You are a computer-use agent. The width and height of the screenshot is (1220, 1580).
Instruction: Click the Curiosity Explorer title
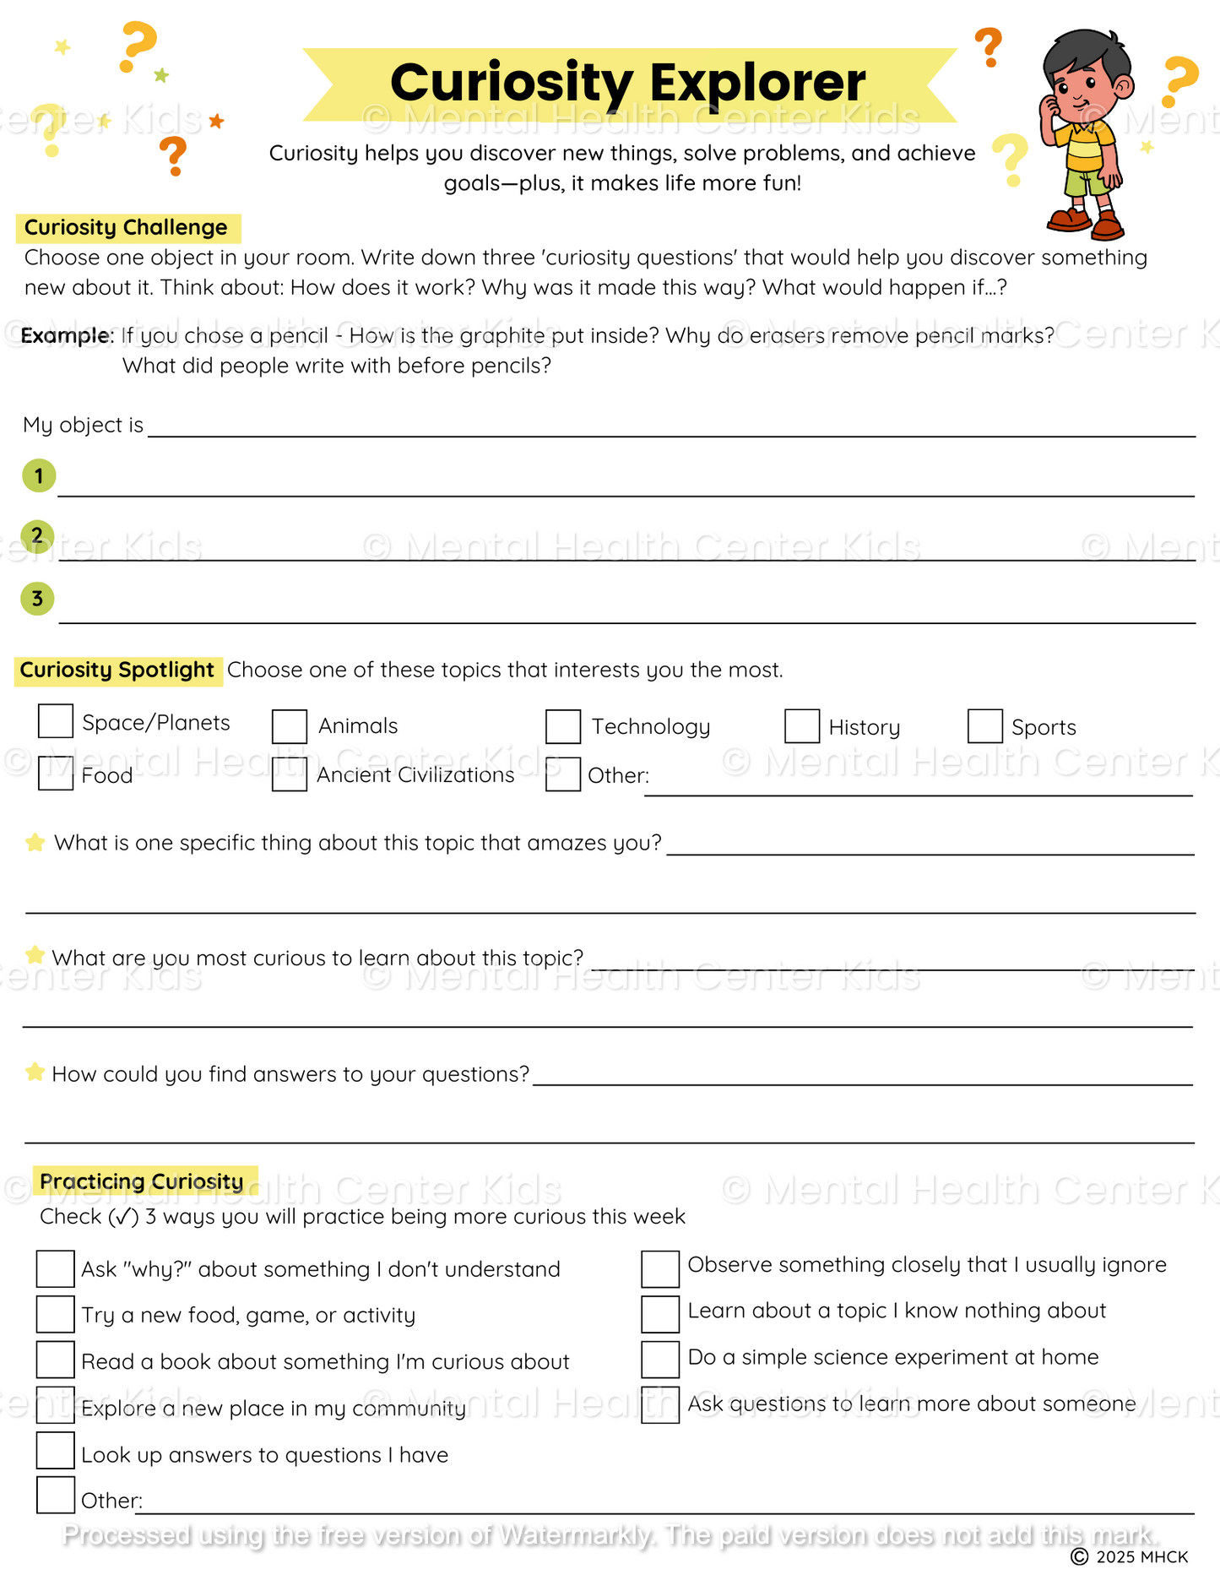(628, 83)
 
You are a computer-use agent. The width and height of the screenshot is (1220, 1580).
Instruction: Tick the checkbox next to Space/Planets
(56, 721)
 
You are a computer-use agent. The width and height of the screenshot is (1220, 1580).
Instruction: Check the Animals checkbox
(290, 726)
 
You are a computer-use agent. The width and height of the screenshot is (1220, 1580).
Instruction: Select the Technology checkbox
(563, 726)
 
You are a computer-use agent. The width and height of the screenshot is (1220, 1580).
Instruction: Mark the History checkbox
(802, 726)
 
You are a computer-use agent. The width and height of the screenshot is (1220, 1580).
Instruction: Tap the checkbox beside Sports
(984, 726)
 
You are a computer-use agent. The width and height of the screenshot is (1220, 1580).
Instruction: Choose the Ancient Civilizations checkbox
(290, 774)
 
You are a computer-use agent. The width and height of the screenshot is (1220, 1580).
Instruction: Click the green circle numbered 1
(39, 475)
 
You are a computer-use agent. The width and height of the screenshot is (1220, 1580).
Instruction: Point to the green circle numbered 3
(37, 599)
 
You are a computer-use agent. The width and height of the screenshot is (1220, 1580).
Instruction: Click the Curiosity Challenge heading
(127, 228)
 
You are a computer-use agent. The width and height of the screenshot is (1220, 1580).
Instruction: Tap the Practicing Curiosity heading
(142, 1181)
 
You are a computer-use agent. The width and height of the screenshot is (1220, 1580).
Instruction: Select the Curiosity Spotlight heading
(117, 671)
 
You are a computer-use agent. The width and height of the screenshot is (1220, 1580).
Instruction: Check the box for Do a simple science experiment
(660, 1359)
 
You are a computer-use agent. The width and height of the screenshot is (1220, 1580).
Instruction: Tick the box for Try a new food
(56, 1314)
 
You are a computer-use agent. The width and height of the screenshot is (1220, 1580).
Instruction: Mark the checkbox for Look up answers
(56, 1451)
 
